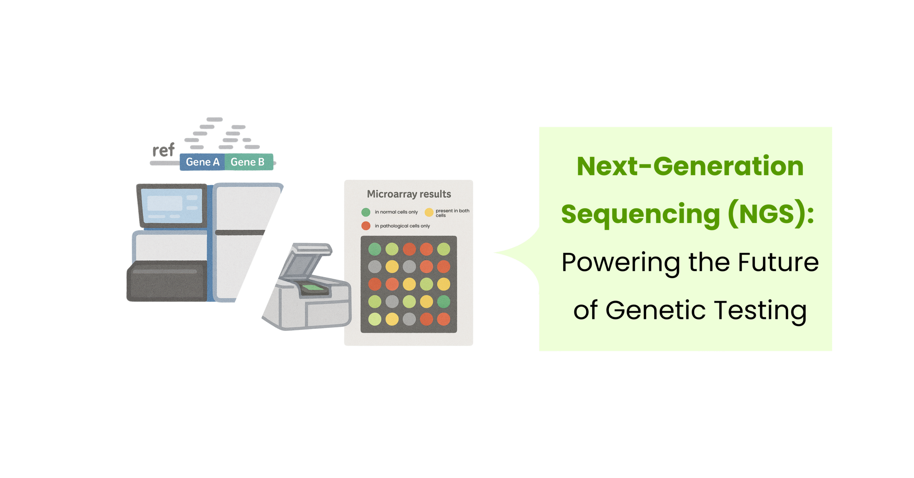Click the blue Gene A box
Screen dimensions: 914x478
point(202,162)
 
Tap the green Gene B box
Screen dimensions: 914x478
point(249,162)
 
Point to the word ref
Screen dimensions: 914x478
point(164,150)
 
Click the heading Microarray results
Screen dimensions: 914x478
point(409,194)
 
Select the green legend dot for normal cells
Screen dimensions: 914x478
point(366,212)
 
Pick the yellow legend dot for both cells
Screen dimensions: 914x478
point(429,212)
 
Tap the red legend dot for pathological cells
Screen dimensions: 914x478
point(366,226)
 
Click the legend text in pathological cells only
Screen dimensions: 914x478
point(402,226)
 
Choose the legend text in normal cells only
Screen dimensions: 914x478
point(396,212)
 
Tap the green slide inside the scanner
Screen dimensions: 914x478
point(313,287)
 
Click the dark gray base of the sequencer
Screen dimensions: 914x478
point(167,281)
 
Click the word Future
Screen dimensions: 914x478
point(778,262)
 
